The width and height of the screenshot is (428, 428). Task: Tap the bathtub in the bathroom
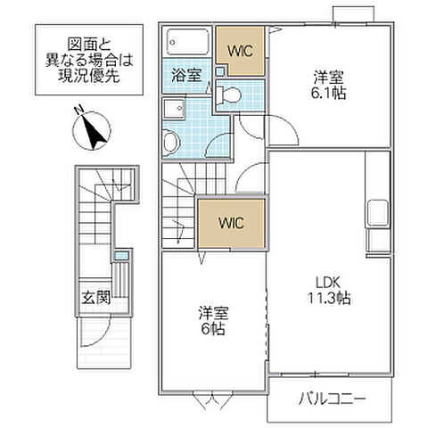[x=187, y=41]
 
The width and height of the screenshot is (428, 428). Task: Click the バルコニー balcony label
[x=332, y=399]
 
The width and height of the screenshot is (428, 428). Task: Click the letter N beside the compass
[x=78, y=111]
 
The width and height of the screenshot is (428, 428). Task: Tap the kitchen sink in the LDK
[x=375, y=215]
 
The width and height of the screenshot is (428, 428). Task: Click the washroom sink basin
[x=170, y=142]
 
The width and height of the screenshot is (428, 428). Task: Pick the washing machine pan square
[x=174, y=109]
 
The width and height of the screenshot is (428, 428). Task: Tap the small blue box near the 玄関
[x=120, y=257]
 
